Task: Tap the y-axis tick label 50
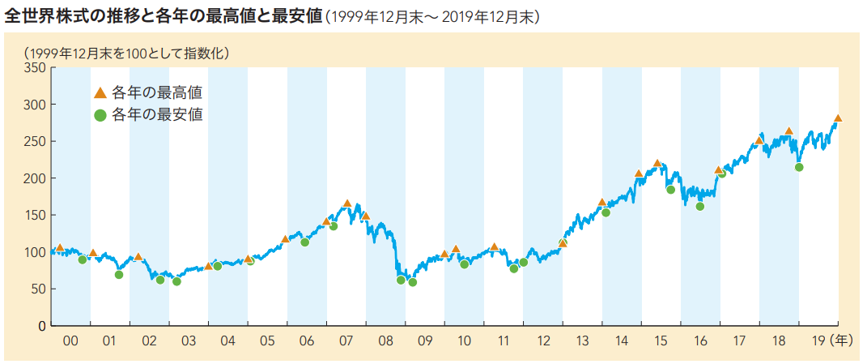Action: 37,289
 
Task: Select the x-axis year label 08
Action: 385,342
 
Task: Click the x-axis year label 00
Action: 70,342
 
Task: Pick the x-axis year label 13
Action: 582,342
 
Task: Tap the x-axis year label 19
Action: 818,342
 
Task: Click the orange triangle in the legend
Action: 100,92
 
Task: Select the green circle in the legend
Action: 100,115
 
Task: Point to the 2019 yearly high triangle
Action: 838,118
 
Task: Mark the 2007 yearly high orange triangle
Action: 347,203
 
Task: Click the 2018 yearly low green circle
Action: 799,167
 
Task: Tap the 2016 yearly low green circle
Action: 700,207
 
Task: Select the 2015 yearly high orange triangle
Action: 657,164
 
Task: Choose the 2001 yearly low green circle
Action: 119,275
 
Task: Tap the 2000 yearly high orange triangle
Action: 60,248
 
